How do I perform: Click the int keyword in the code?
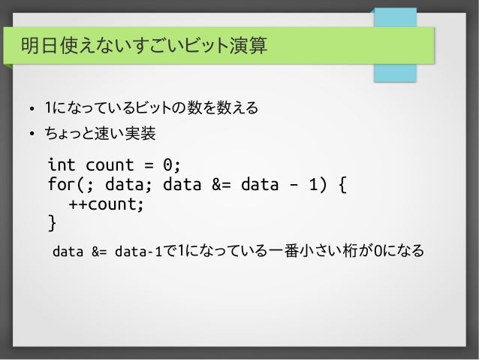tap(62, 165)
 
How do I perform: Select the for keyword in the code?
tap(62, 184)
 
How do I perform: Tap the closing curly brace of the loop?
tap(52, 223)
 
